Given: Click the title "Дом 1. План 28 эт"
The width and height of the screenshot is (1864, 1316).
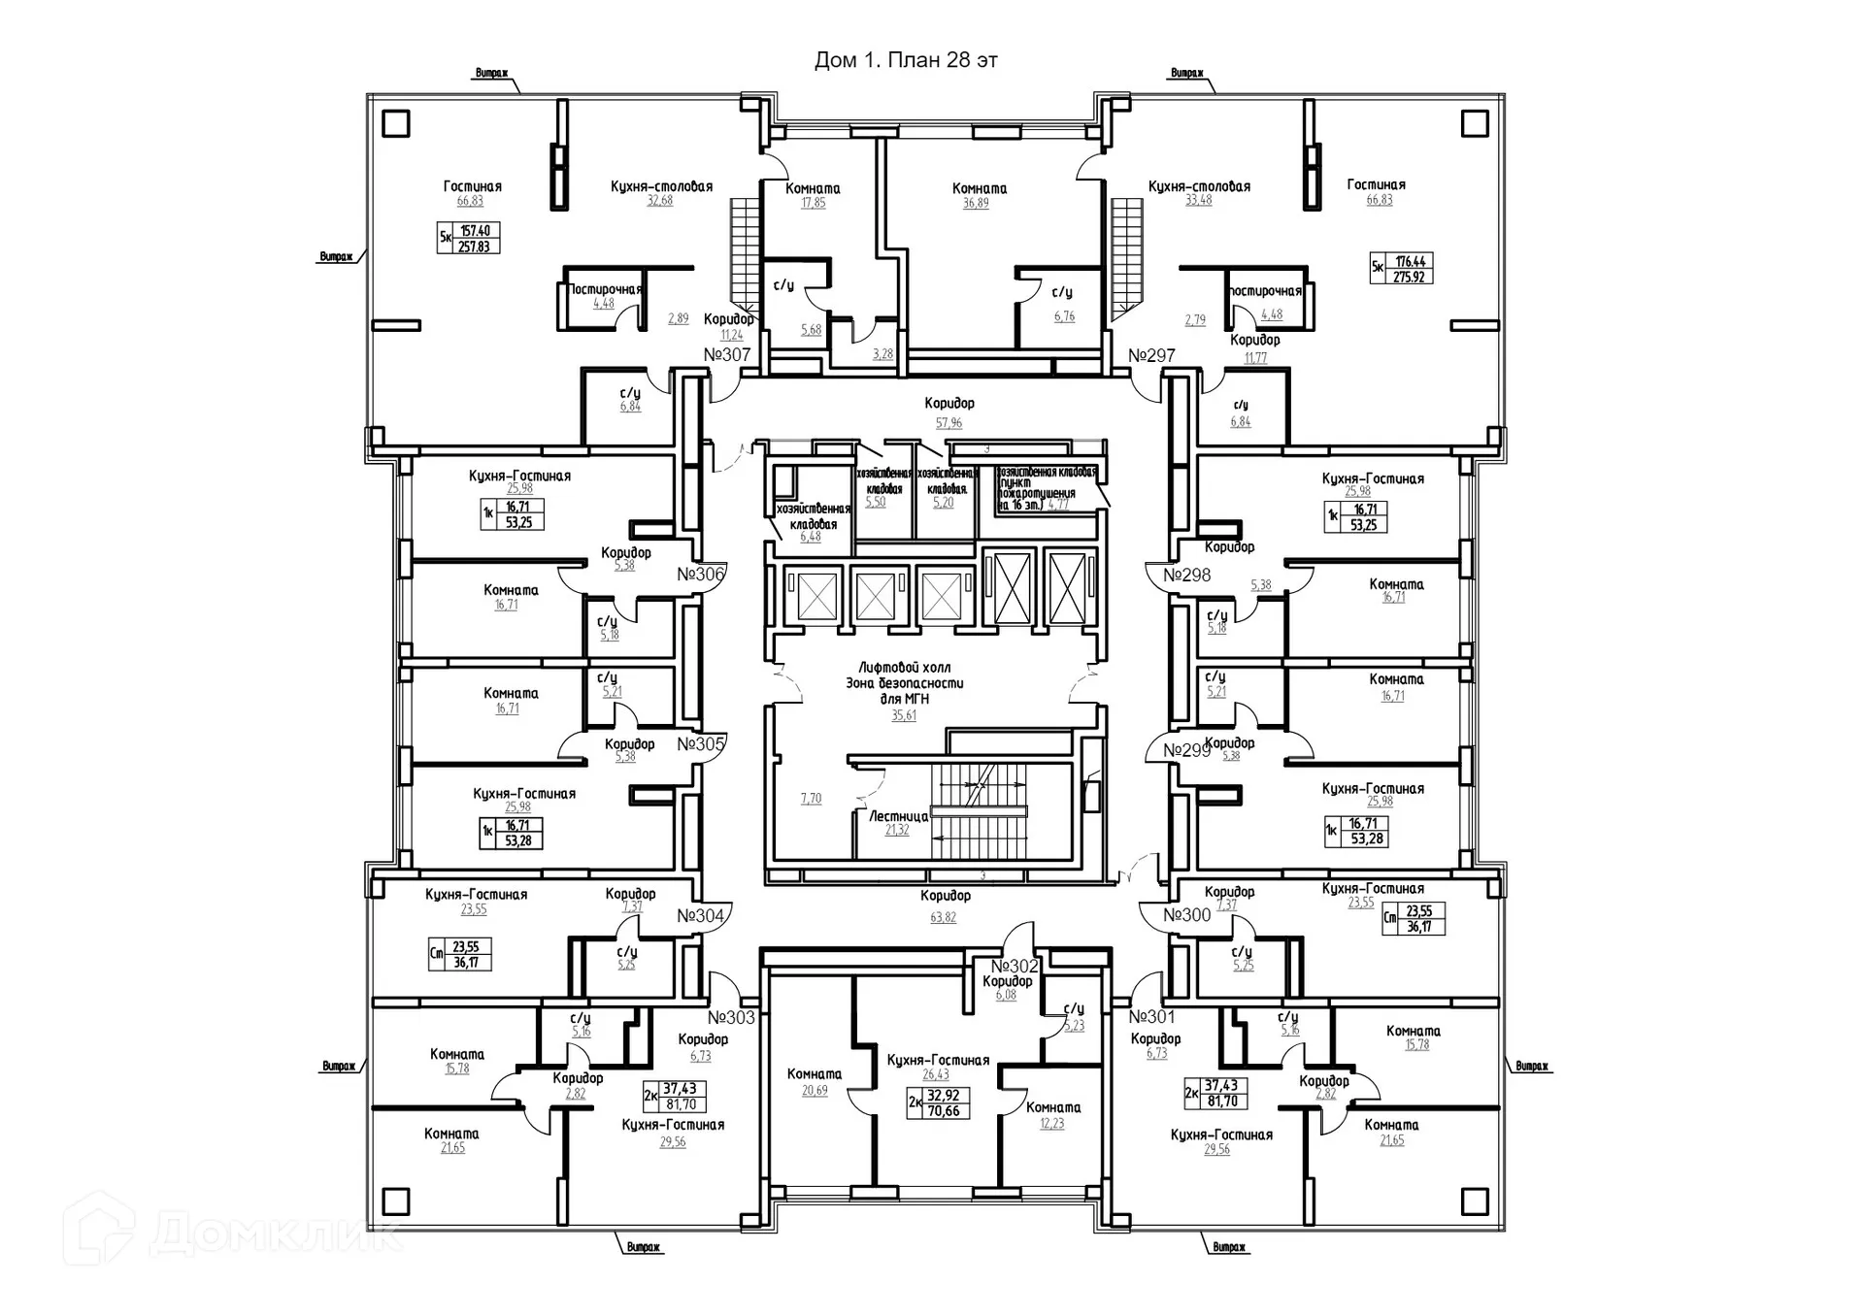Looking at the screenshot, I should (x=905, y=60).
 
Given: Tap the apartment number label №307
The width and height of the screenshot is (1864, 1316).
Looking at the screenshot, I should (x=727, y=355).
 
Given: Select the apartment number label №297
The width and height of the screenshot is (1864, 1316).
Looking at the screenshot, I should (x=1151, y=356).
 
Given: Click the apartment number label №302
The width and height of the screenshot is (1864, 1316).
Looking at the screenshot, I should (x=1015, y=967).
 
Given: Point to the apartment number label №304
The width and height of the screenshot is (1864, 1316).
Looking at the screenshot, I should (x=700, y=916).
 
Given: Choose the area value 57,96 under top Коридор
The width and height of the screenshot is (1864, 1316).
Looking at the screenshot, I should (x=949, y=423).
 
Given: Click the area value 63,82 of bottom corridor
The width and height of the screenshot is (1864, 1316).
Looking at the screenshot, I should (x=943, y=917).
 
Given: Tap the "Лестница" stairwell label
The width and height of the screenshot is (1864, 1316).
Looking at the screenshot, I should (x=898, y=816).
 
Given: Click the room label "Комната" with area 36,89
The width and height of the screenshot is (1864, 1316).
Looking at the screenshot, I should (x=979, y=189).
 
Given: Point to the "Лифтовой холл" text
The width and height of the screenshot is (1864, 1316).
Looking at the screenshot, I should (x=904, y=668).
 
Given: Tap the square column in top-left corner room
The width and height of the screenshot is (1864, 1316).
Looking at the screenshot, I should (x=396, y=124).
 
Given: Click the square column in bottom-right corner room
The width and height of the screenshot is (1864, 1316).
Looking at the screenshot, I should (x=1475, y=1201).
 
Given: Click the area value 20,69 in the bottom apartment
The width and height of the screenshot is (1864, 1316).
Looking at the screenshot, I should (x=815, y=1091).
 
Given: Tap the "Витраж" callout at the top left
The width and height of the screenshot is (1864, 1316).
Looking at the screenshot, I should (x=492, y=74).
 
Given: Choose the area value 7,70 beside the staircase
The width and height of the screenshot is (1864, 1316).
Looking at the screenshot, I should (x=811, y=799).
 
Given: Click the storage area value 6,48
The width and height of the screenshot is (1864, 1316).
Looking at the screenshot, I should (x=810, y=537).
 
